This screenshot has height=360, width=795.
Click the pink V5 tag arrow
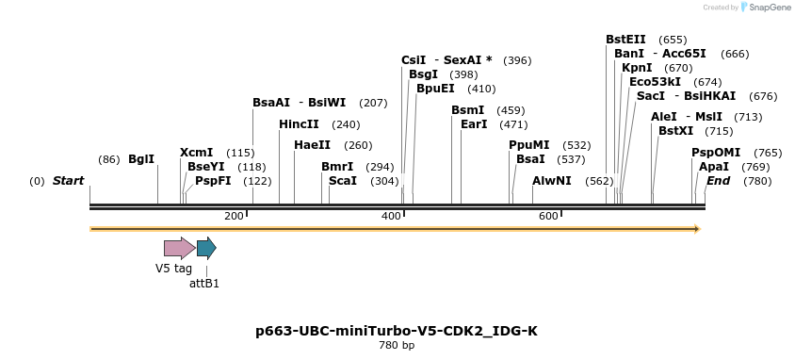[180, 248]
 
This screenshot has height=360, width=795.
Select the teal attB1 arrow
[206, 248]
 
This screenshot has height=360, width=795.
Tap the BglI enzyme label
[141, 159]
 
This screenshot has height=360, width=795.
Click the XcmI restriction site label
[196, 152]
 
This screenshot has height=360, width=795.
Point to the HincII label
[299, 124]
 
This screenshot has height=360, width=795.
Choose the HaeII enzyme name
[312, 145]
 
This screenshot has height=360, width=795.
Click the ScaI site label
[343, 181]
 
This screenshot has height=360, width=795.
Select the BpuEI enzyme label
[435, 89]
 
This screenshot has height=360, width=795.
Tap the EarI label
[474, 124]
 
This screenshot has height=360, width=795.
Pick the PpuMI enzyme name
[528, 145]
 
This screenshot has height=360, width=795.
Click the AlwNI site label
[552, 181]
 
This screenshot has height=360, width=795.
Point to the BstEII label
[625, 40]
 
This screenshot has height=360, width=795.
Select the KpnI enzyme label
[637, 68]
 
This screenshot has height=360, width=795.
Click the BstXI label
[675, 131]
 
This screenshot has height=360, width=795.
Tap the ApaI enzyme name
[713, 166]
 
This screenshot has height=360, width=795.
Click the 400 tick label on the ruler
[391, 217]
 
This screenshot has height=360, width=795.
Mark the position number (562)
[599, 181]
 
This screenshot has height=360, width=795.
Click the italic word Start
[68, 181]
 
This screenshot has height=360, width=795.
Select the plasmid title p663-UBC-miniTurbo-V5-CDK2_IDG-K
[397, 331]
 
